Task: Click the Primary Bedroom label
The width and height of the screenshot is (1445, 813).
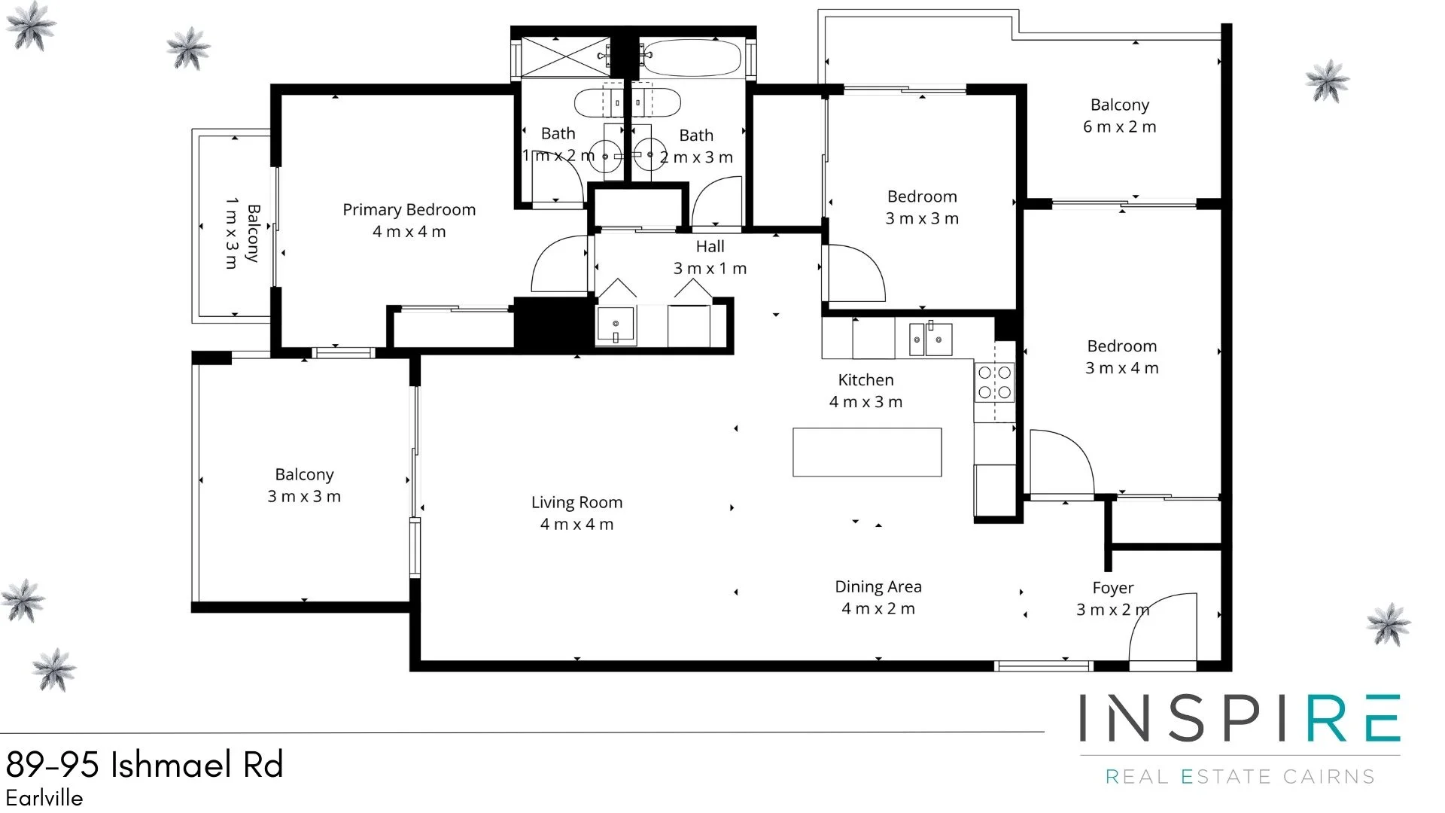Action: pos(409,210)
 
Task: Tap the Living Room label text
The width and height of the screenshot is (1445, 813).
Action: pos(576,503)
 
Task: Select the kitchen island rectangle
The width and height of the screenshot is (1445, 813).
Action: pos(867,452)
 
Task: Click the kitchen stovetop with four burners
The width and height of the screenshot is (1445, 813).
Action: pos(994,382)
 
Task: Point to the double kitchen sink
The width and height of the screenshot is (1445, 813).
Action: pos(929,340)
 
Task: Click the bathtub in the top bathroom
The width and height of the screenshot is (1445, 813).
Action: pos(692,58)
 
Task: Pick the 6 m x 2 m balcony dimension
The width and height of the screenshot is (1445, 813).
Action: pos(1119,127)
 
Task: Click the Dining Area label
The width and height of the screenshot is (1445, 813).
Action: pos(878,587)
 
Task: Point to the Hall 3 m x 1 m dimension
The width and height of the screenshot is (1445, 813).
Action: pos(710,269)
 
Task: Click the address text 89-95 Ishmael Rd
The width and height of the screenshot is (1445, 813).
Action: pos(144,765)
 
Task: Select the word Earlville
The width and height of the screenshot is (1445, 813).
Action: pos(44,798)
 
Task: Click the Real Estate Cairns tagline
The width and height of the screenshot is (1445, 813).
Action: pos(1240,776)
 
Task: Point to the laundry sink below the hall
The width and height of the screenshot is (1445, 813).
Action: pos(616,326)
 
